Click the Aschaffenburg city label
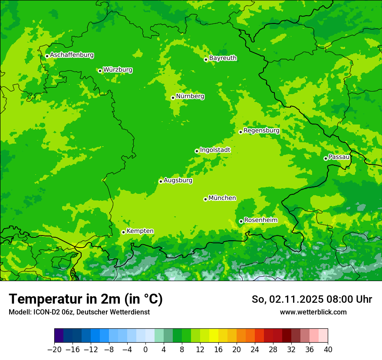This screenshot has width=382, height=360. [72, 55]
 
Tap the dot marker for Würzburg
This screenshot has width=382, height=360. [100, 71]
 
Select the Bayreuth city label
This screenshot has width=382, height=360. [223, 58]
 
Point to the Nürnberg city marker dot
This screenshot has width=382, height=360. [173, 98]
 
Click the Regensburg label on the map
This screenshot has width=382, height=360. [261, 131]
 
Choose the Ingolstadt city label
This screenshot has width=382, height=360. [215, 150]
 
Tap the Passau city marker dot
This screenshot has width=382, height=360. [326, 158]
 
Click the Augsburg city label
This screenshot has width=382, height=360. [178, 180]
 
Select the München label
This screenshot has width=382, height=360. [222, 198]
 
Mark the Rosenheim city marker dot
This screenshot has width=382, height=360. [241, 221]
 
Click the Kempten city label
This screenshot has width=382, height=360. [140, 231]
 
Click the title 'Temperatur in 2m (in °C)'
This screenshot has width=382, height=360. [86, 299]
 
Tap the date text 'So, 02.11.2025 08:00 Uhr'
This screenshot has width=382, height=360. [312, 299]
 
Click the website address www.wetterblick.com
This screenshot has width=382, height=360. [313, 312]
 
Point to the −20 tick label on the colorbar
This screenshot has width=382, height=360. [54, 350]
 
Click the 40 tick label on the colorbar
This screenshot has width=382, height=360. [328, 350]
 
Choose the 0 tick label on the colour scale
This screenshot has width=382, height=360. [145, 350]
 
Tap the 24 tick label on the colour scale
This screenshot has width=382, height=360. [255, 350]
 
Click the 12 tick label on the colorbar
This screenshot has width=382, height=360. [200, 350]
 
